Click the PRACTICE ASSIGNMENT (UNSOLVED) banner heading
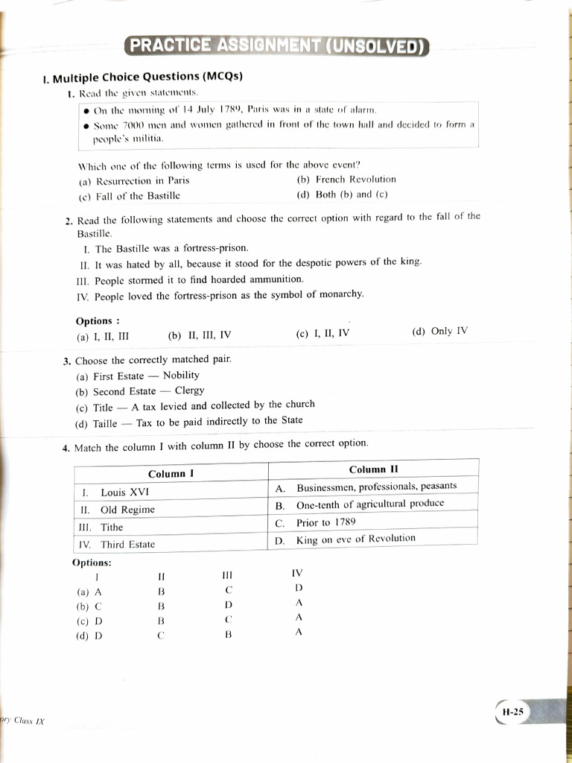[276, 46]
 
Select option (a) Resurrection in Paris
[134, 180]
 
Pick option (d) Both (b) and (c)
[342, 194]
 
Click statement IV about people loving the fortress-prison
[220, 294]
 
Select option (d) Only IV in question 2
[439, 332]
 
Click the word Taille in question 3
[105, 423]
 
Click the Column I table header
[171, 474]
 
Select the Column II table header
[373, 469]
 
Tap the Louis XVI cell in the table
[124, 493]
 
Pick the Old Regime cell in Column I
[127, 510]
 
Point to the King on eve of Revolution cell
[355, 539]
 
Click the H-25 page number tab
[513, 712]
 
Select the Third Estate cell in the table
[127, 545]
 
